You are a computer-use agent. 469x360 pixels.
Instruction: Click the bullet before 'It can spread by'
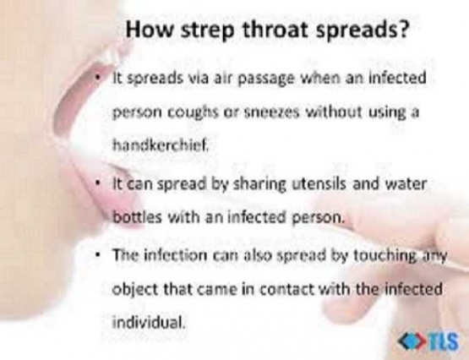coord(101,183)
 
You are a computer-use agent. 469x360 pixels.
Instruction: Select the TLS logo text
coord(444,340)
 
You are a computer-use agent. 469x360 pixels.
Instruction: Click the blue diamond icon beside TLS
coord(411,340)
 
